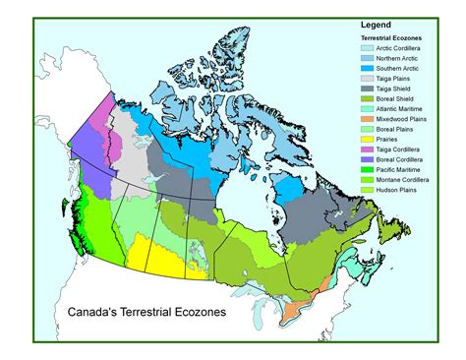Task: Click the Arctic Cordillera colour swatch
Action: tap(367, 47)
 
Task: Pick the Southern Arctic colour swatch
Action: tap(367, 68)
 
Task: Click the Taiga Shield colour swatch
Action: tap(367, 88)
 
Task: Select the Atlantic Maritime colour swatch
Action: tap(367, 108)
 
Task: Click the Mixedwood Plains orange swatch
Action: tap(367, 118)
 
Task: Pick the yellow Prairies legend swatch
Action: tap(367, 139)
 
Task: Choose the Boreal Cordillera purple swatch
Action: tap(367, 158)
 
